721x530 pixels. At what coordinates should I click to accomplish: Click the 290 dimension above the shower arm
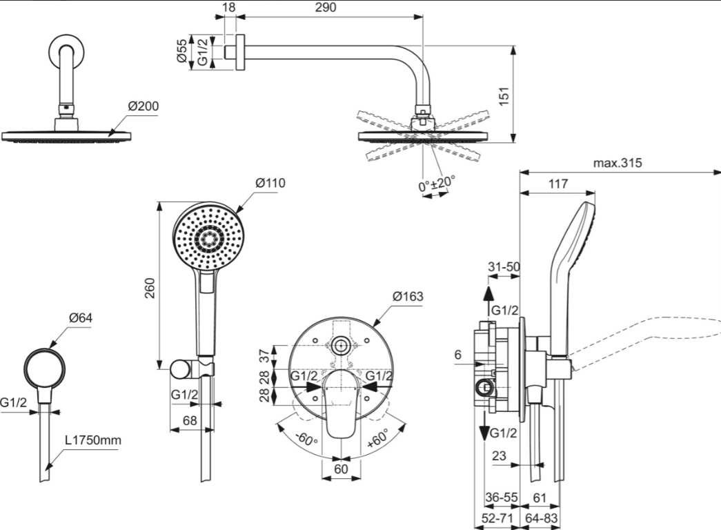(326, 8)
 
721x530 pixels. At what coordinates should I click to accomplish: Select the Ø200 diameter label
(144, 106)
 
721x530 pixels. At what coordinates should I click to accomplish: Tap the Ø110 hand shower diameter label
(270, 183)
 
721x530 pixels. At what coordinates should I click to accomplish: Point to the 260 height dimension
(150, 288)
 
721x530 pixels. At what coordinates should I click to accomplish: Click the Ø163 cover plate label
(408, 296)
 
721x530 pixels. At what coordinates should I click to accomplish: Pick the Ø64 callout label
(81, 317)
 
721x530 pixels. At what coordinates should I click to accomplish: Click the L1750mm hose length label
(93, 440)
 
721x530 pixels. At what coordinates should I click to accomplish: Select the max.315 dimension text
(617, 163)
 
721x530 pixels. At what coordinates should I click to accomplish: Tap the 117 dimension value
(558, 184)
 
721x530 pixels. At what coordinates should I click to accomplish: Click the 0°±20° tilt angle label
(437, 184)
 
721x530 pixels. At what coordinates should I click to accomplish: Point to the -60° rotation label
(306, 438)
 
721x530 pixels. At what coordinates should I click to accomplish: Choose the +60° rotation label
(378, 438)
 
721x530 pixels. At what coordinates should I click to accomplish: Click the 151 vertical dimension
(504, 96)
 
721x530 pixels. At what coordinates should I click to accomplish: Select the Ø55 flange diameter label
(182, 50)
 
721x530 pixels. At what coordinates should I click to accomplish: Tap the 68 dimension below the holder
(190, 420)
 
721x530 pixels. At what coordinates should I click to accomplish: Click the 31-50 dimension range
(504, 267)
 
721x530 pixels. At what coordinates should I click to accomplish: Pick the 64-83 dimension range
(542, 518)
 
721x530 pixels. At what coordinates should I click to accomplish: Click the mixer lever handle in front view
(341, 403)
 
